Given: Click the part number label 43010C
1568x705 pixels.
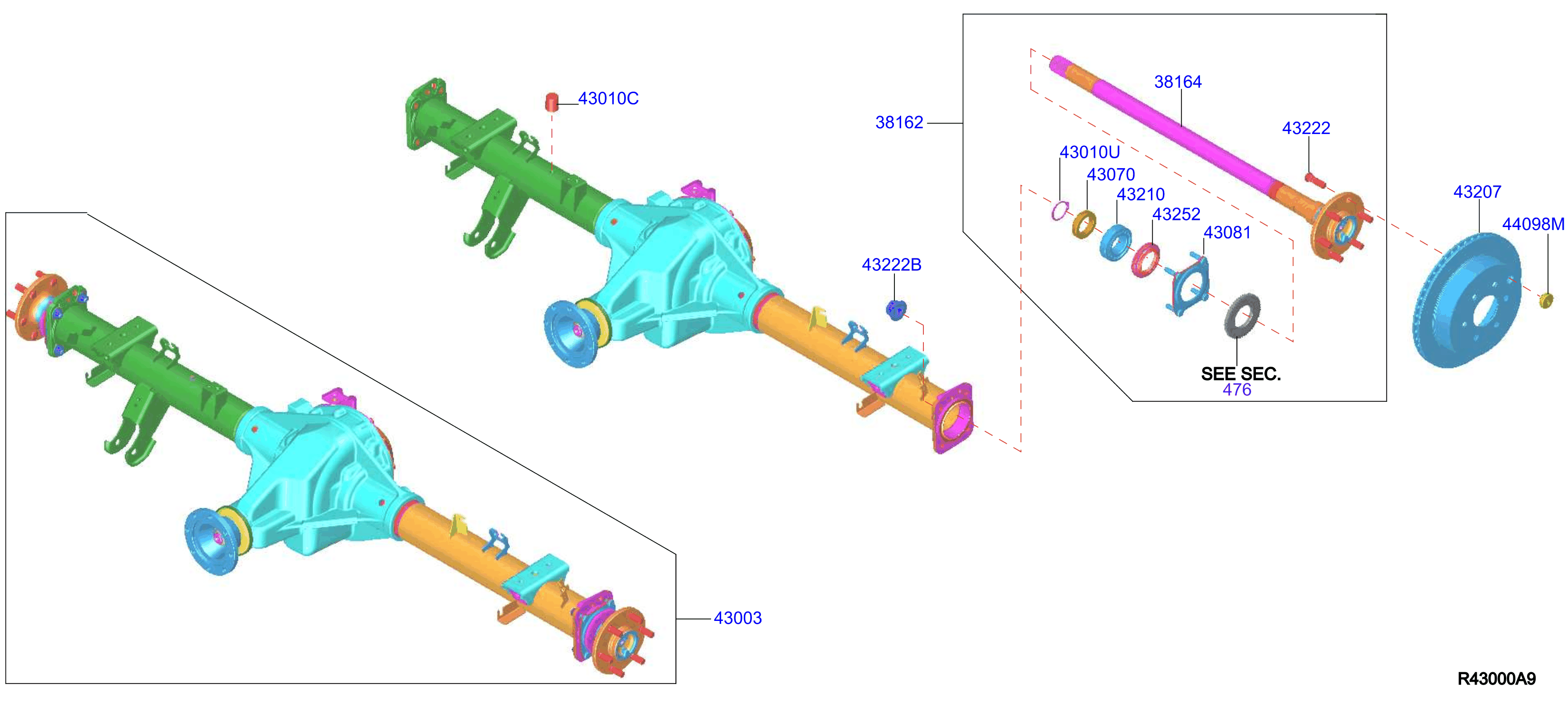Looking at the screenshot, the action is [608, 99].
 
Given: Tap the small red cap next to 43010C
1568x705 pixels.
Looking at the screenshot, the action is [551, 102].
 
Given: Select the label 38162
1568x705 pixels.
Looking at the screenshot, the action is [899, 123].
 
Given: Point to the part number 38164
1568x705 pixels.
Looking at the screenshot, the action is [1178, 82].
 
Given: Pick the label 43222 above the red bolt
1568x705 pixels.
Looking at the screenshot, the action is [1306, 128].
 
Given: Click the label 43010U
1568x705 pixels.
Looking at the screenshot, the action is [1090, 152].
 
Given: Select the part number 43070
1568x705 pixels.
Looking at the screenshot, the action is [1111, 174].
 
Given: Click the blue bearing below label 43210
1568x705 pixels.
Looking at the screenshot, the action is [1116, 242].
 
